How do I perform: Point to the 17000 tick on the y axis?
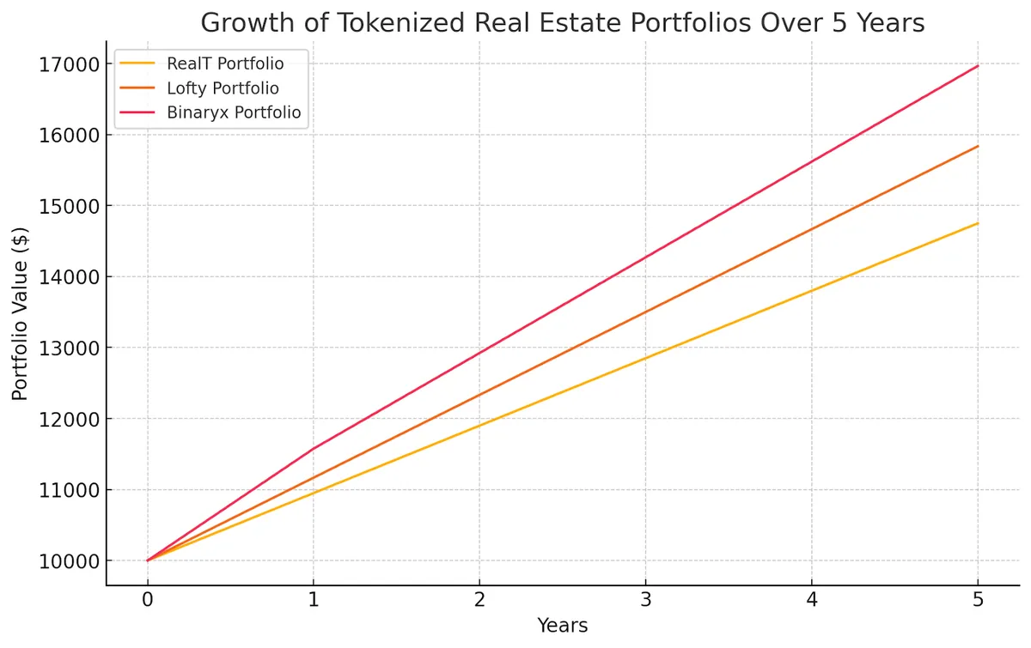(x=64, y=64)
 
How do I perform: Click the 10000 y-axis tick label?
(x=64, y=561)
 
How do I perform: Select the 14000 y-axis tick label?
(x=64, y=277)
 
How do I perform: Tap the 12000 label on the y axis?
(x=64, y=420)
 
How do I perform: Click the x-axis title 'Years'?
(x=562, y=627)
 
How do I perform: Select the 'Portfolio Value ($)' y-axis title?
(x=21, y=313)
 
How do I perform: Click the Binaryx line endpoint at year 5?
(x=977, y=66)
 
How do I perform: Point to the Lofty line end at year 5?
(x=977, y=147)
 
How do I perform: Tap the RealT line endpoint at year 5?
(x=977, y=223)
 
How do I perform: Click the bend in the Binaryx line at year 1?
(x=314, y=449)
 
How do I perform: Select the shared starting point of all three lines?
(x=148, y=560)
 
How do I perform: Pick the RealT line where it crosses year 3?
(x=645, y=358)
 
